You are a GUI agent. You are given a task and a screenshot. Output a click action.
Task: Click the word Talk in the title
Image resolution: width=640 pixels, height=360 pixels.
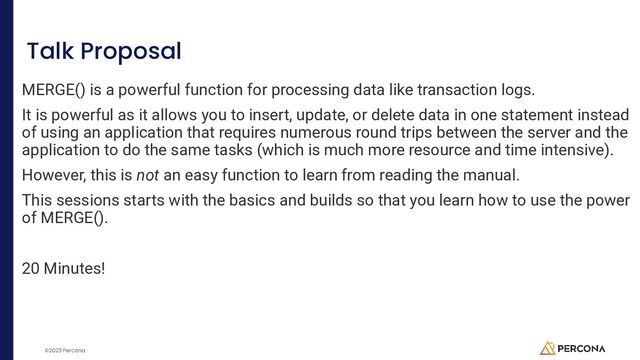click(49, 51)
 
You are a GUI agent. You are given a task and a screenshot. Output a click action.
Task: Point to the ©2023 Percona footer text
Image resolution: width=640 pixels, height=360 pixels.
click(62, 350)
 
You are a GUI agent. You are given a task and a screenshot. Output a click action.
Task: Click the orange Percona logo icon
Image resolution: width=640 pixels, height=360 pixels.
click(547, 347)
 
